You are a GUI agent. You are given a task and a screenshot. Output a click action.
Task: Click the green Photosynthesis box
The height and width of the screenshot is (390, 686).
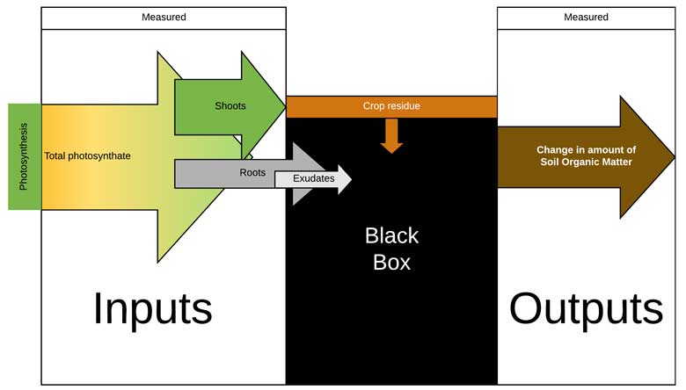point(25,156)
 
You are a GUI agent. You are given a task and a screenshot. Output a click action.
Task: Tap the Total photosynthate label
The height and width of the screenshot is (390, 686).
point(88,156)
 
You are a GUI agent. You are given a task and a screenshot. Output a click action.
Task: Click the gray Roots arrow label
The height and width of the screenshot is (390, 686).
point(252,173)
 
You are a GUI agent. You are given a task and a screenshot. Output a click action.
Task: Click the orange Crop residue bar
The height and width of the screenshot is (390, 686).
point(391,106)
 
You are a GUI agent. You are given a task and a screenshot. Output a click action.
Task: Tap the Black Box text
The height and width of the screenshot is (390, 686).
point(391,249)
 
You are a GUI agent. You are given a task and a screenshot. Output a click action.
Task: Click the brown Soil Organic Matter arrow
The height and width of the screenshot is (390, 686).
point(580,156)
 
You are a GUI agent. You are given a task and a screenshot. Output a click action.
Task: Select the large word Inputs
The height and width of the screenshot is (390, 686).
point(153,308)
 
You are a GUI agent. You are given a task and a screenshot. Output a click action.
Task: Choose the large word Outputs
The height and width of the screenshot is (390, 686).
point(586,308)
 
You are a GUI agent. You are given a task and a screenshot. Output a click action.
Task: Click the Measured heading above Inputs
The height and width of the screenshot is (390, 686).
point(164,18)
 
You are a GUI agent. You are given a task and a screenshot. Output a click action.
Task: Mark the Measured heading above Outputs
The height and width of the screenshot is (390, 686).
point(586,18)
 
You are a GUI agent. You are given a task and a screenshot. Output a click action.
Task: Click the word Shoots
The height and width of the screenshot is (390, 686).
point(230,106)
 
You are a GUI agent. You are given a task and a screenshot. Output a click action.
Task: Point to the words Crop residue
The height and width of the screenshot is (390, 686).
point(391,106)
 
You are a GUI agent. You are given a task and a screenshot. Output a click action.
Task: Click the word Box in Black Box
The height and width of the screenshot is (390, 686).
point(391,263)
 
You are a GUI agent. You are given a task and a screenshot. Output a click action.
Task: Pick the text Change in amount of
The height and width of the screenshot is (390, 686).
point(586,150)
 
